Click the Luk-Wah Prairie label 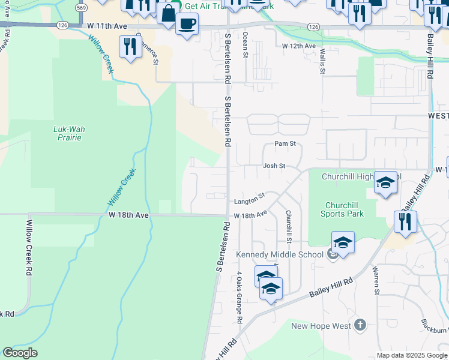67,133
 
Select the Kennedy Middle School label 280,254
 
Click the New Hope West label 321,326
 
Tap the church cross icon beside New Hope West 360,325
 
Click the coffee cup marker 187,24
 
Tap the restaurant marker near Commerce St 130,46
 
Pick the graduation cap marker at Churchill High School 385,182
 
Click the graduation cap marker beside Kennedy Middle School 343,242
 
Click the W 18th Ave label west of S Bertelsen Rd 128,214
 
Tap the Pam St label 285,144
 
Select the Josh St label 273,166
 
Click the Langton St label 249,198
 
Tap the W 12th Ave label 298,46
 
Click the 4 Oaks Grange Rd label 239,298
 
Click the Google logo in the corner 20,353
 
